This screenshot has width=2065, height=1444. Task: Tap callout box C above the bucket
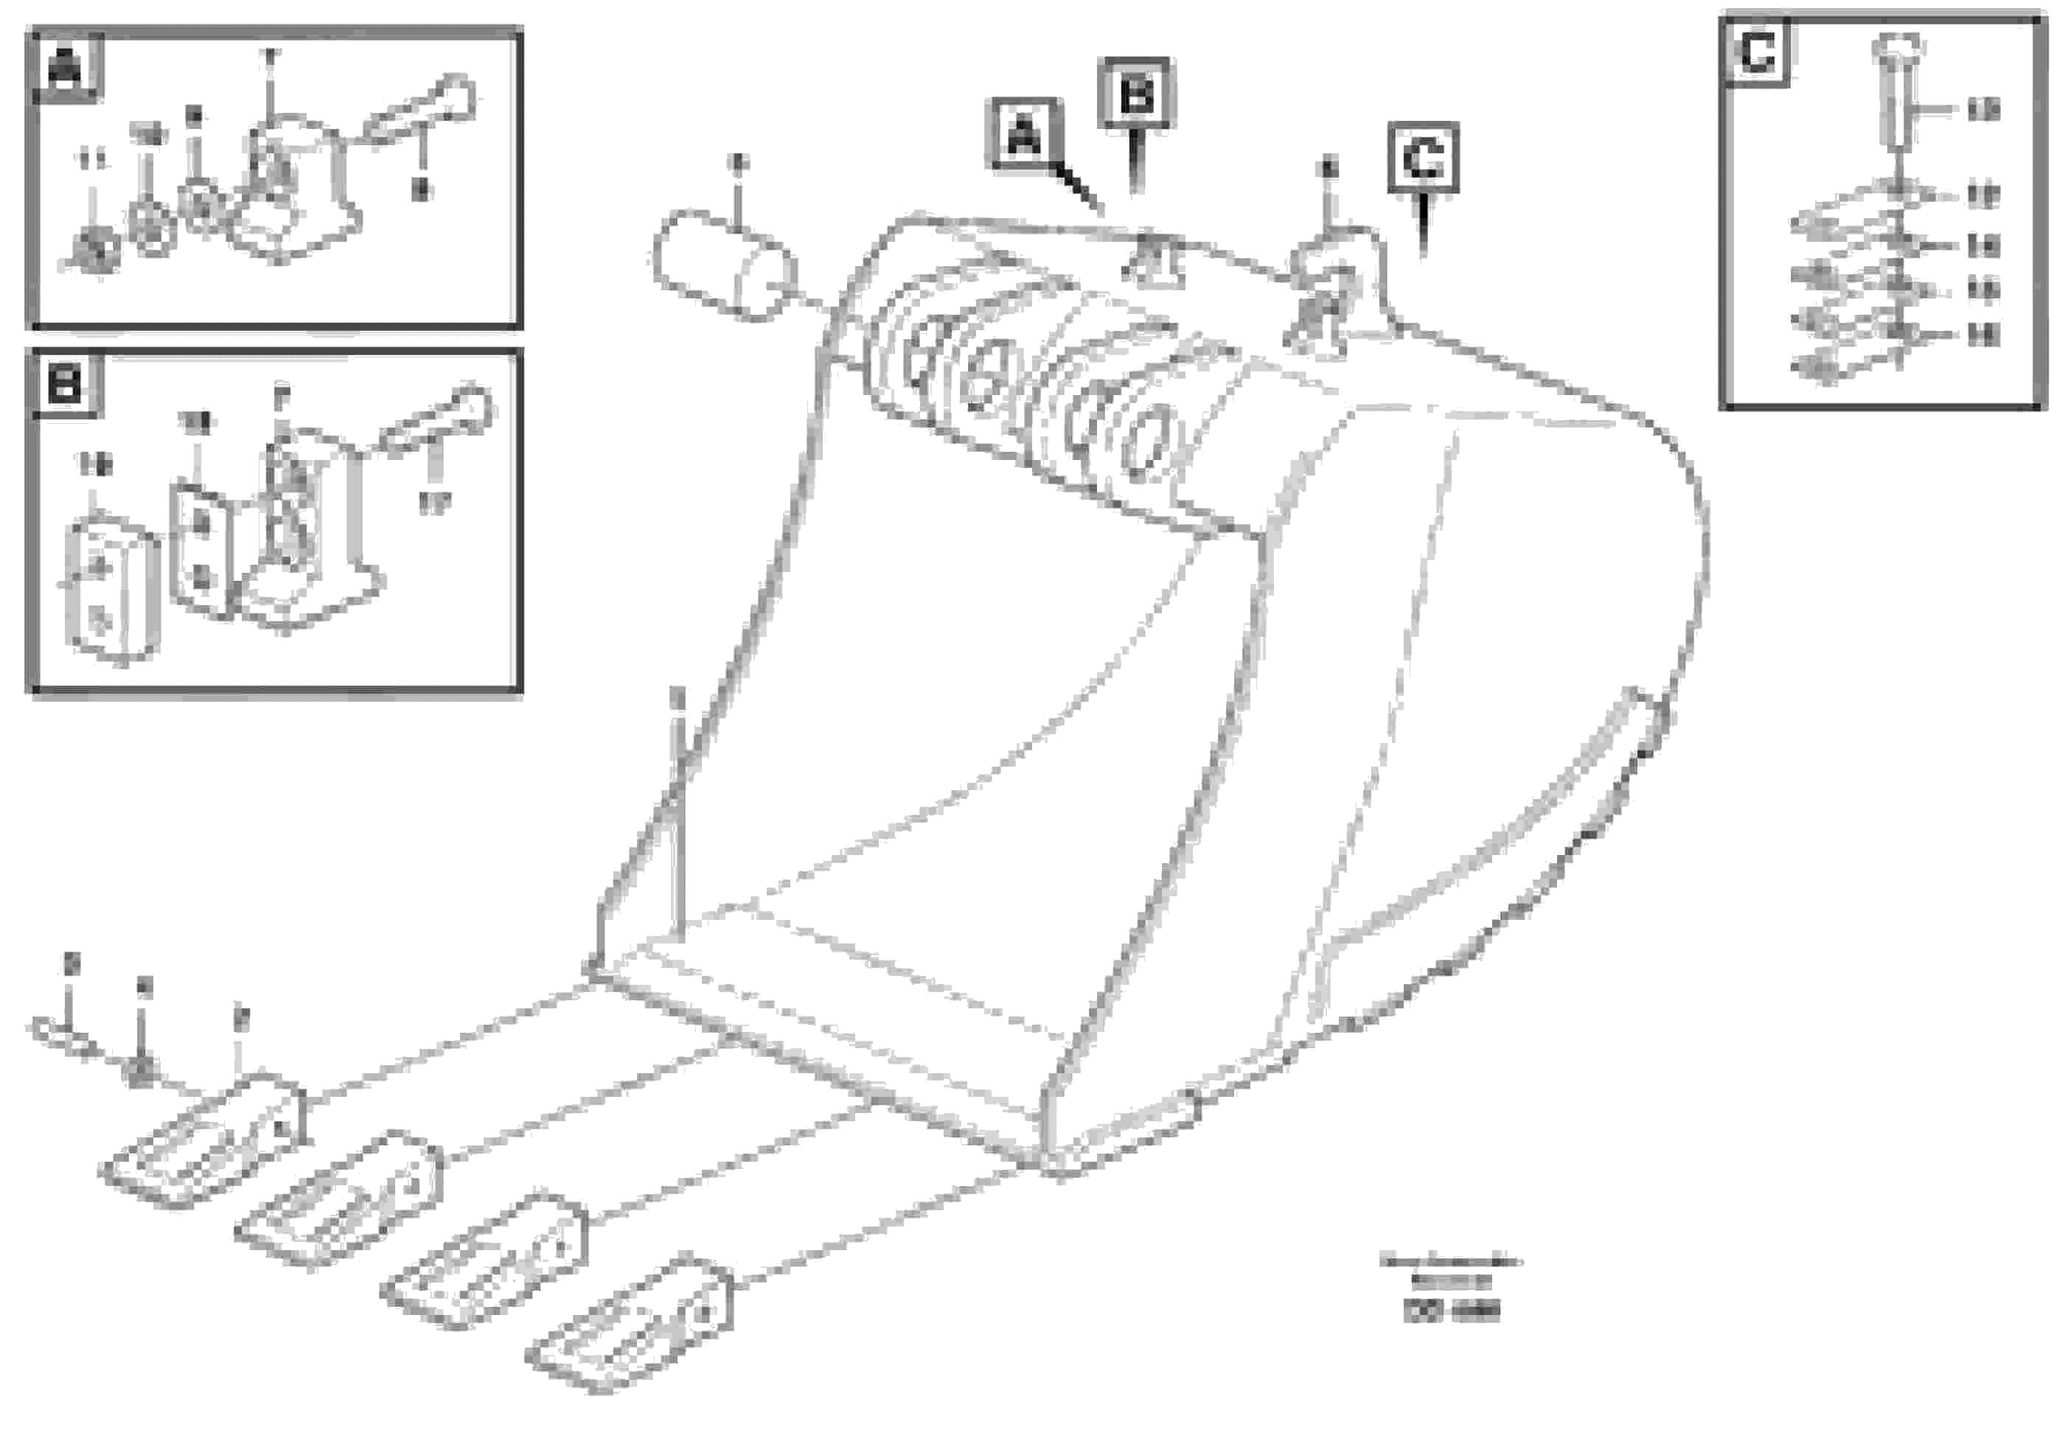tap(1423, 158)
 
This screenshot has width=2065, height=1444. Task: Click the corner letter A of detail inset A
tap(66, 66)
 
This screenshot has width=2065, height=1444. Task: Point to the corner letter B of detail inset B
tap(66, 386)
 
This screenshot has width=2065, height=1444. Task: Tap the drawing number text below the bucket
tap(1451, 1312)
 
